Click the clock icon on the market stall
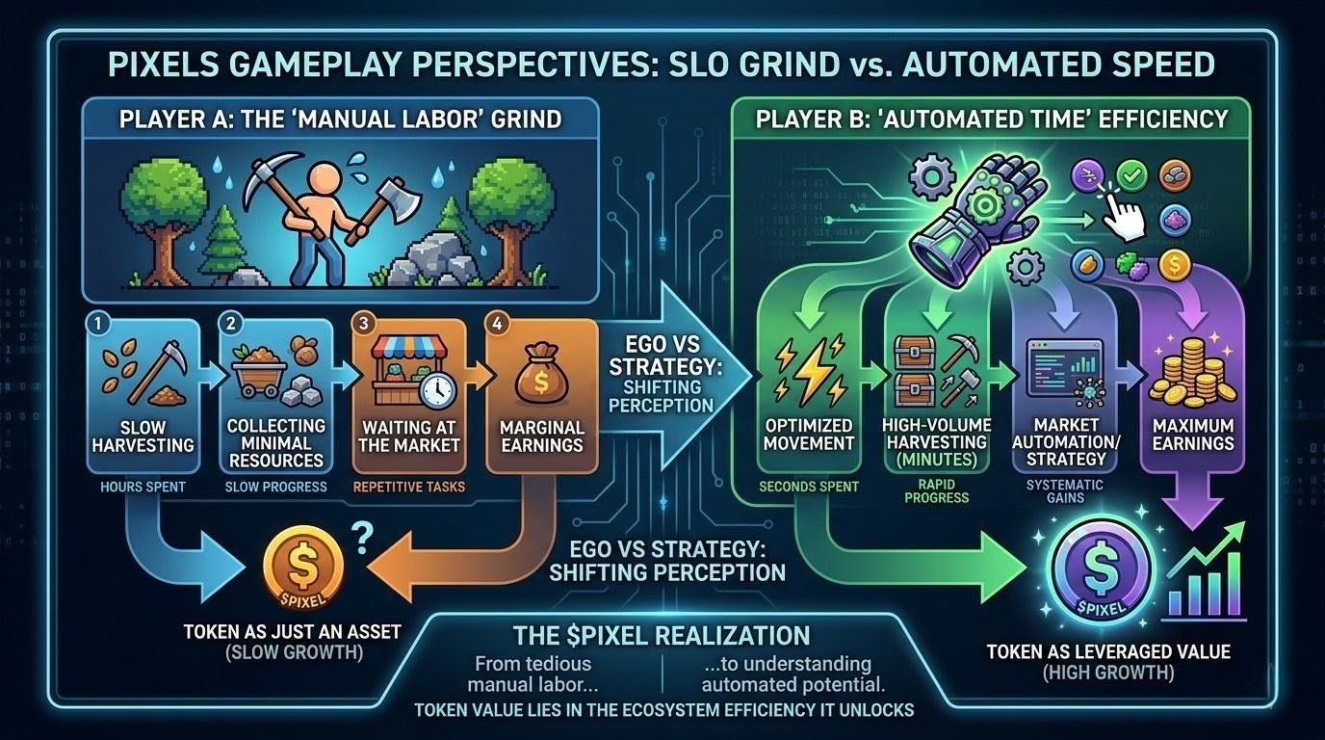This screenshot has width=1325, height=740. coord(435,390)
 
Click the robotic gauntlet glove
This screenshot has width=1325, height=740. coord(965,221)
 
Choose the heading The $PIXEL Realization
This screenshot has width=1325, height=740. coord(662,637)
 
